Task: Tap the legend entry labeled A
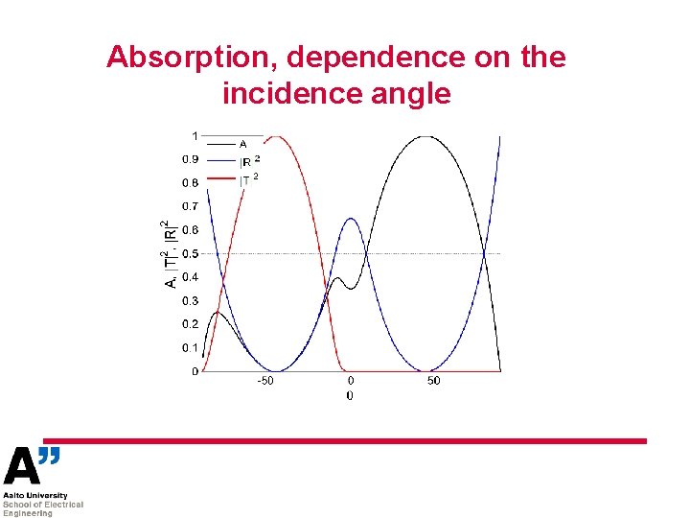(242, 144)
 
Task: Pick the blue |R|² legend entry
(248, 161)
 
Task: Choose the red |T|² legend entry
(248, 179)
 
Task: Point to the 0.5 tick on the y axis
(190, 254)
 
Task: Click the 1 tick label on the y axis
(195, 135)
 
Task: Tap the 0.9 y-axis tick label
(190, 159)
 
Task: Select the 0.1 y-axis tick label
(190, 348)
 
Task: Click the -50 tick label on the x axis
(264, 381)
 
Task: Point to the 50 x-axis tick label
(434, 381)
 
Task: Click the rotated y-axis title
(169, 254)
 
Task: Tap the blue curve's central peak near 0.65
(351, 219)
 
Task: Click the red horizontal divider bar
(355, 441)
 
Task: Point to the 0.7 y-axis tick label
(190, 206)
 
